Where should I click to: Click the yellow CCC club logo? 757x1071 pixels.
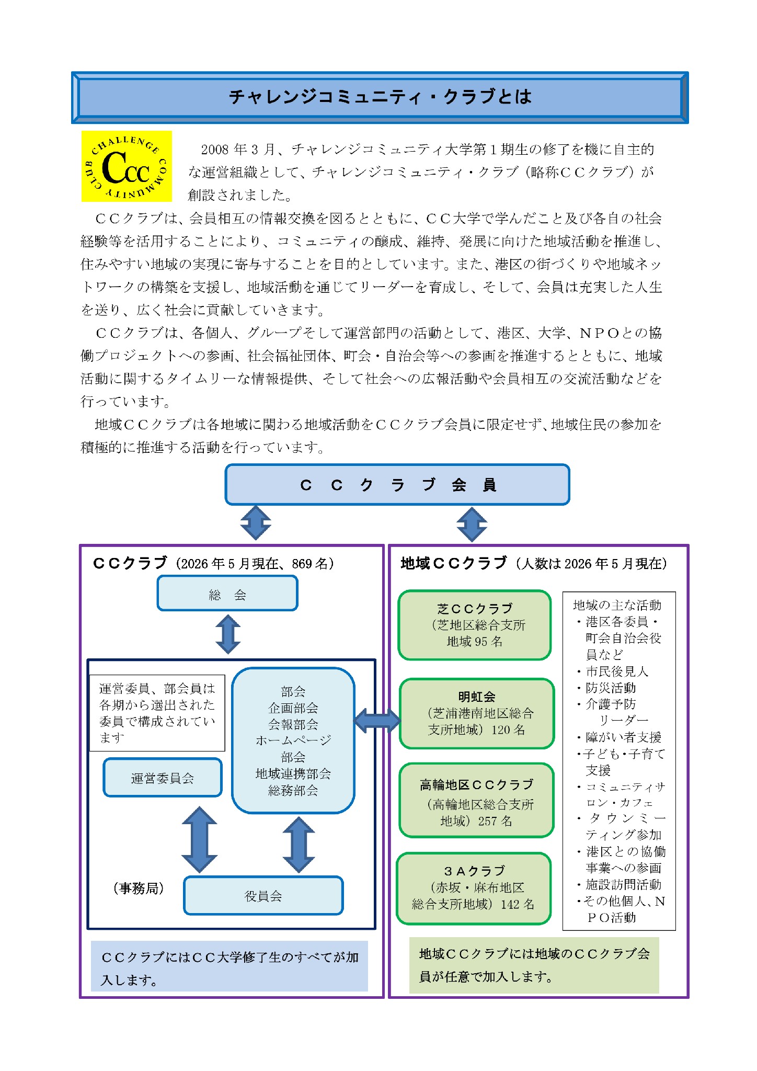pyautogui.click(x=127, y=166)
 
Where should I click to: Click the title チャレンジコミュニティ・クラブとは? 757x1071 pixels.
pyautogui.click(x=380, y=97)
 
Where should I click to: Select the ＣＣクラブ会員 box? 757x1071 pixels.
pyautogui.click(x=397, y=485)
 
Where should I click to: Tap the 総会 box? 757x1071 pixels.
pyautogui.click(x=227, y=594)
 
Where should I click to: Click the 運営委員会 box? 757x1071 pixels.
pyautogui.click(x=163, y=778)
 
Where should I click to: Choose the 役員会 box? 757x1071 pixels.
pyautogui.click(x=263, y=896)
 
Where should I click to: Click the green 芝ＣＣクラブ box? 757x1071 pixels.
pyautogui.click(x=475, y=625)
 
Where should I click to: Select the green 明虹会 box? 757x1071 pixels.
pyautogui.click(x=477, y=713)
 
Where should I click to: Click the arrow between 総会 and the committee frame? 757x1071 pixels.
pyautogui.click(x=228, y=634)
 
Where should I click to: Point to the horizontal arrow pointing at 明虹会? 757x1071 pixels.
pyautogui.click(x=377, y=721)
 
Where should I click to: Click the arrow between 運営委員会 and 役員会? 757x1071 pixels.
pyautogui.click(x=199, y=839)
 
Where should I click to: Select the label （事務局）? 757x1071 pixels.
pyautogui.click(x=139, y=888)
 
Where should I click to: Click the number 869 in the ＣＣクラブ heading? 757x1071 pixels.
pyautogui.click(x=302, y=564)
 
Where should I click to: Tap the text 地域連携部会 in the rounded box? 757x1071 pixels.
pyautogui.click(x=293, y=773)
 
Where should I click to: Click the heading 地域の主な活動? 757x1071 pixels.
pyautogui.click(x=617, y=605)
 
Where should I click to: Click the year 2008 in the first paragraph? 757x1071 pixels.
pyautogui.click(x=215, y=150)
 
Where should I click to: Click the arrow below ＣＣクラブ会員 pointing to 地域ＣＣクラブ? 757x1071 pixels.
pyautogui.click(x=472, y=525)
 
